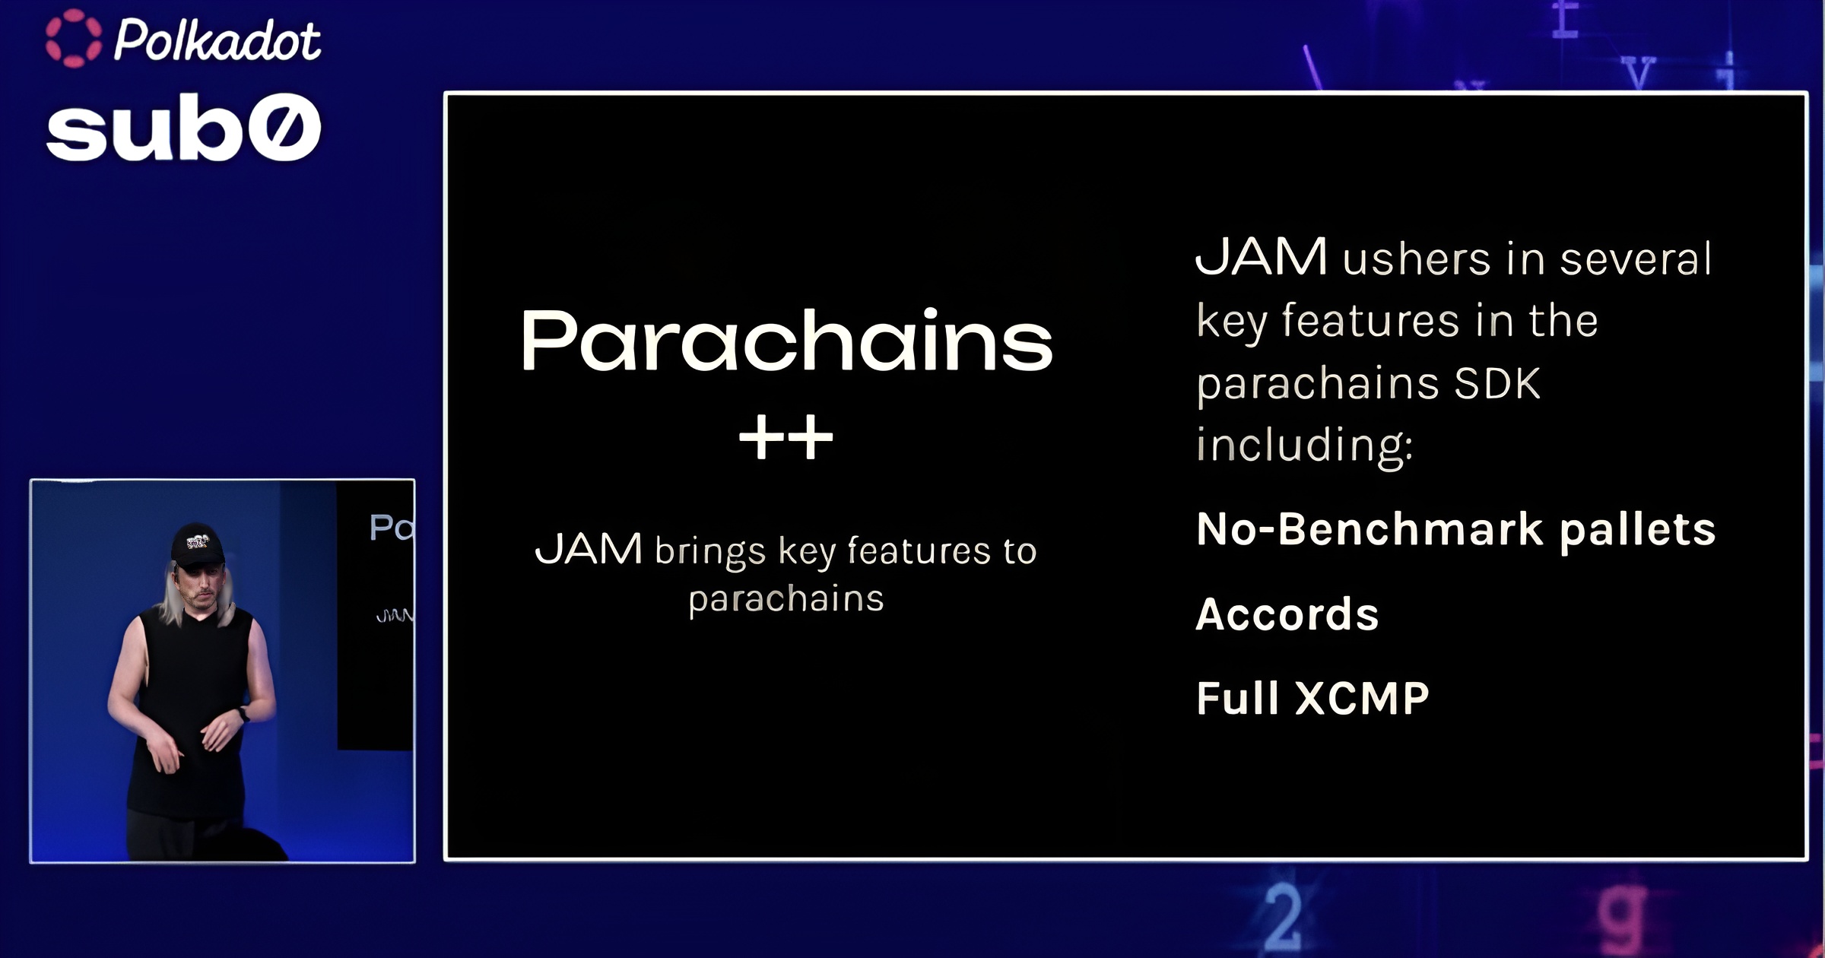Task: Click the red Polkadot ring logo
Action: (x=73, y=39)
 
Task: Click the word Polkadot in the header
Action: (x=217, y=40)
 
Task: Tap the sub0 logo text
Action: (x=183, y=129)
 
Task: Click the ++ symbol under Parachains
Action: (x=786, y=438)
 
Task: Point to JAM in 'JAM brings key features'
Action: (x=589, y=549)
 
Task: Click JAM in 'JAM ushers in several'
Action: (x=1262, y=257)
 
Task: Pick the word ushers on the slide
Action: (x=1417, y=259)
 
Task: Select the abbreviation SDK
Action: (x=1497, y=383)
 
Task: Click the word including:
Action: (x=1305, y=445)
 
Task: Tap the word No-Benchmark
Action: (x=1370, y=529)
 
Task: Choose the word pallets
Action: (x=1638, y=531)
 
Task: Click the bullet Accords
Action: (x=1287, y=614)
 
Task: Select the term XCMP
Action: (x=1362, y=698)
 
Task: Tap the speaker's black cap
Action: (x=198, y=544)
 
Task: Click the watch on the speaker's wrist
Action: (x=243, y=714)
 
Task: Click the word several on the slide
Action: (x=1636, y=259)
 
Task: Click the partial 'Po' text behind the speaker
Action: (x=392, y=528)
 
